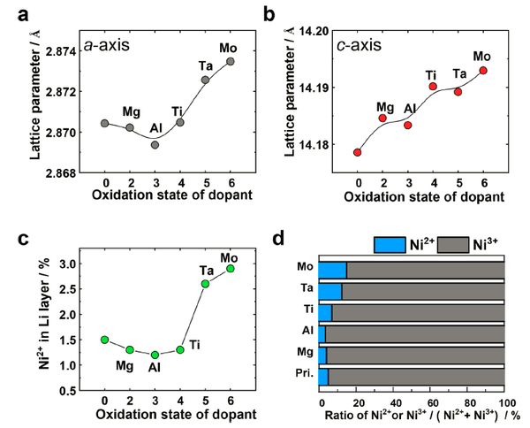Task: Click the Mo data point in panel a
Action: click(231, 61)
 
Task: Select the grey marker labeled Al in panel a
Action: click(155, 144)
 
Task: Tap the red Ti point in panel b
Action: click(433, 86)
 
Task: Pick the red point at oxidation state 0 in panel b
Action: click(358, 152)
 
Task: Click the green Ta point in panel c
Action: click(205, 283)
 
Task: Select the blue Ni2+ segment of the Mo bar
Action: click(332, 271)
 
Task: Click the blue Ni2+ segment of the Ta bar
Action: click(329, 292)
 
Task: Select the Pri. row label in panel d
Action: click(302, 377)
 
